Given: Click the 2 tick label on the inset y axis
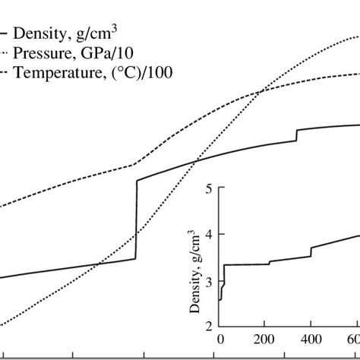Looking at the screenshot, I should (209, 327).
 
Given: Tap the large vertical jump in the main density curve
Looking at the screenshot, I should (136, 220).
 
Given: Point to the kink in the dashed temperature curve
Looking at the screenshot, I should (134, 163).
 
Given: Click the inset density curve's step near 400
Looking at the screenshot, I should (311, 251).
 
